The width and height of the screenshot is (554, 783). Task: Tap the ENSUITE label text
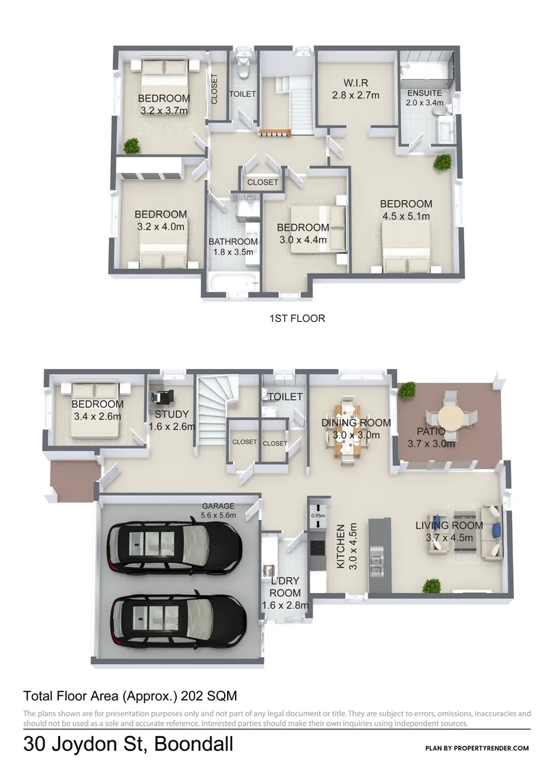pos(424,94)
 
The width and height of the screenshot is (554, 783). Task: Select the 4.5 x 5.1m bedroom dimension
pos(406,216)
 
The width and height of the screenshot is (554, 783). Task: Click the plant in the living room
pos(433,584)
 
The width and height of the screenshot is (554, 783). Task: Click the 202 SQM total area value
pos(211,696)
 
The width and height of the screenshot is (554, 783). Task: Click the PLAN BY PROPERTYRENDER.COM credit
pos(477,748)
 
